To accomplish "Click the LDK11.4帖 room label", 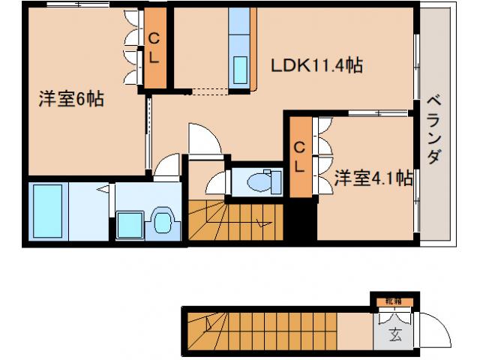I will tap(316, 66).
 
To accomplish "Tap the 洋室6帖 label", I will tap(71, 99).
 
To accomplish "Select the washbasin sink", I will tap(162, 221).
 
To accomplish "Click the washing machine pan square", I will tap(129, 223).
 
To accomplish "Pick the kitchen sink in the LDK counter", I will tap(242, 69).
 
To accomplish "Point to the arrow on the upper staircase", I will tap(262, 221).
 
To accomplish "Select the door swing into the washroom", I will tap(168, 164).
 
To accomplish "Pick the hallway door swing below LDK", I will tap(203, 140).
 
